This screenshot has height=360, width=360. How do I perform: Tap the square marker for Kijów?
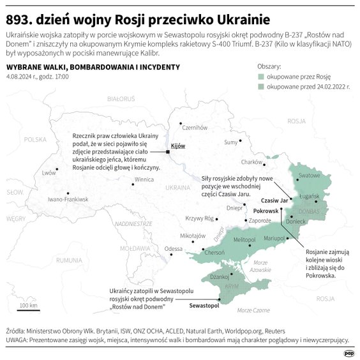(x=168, y=152)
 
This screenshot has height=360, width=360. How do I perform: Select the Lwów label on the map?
(x=49, y=173)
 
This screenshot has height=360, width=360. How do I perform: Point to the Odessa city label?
(x=173, y=248)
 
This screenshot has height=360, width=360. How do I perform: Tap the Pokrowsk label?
(x=267, y=211)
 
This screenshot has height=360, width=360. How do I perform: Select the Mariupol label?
(x=275, y=238)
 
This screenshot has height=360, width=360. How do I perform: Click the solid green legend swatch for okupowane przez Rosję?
(x=262, y=76)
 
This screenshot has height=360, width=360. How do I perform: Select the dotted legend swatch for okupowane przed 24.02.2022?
(x=262, y=85)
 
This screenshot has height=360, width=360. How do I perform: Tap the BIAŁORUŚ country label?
(x=121, y=99)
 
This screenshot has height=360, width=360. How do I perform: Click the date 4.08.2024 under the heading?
(x=20, y=77)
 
